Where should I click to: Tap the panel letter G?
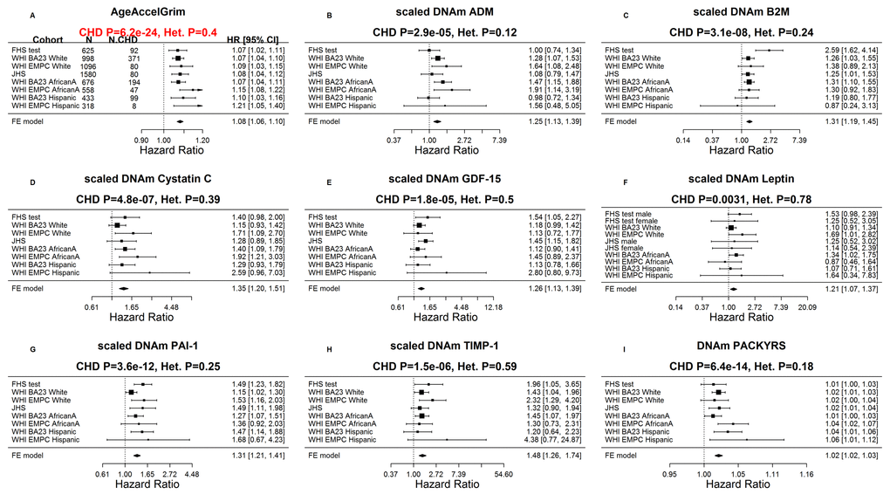click(x=32, y=348)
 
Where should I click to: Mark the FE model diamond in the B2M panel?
click(x=749, y=121)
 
